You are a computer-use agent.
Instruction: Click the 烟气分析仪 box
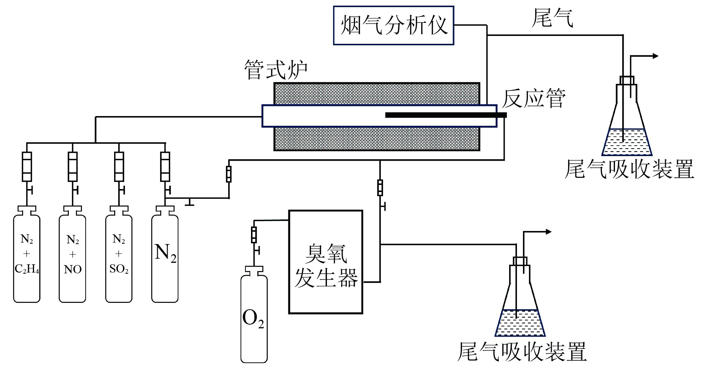click(x=393, y=25)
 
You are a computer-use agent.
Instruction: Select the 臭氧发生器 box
click(x=325, y=262)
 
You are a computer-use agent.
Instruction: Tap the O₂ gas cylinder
click(x=254, y=318)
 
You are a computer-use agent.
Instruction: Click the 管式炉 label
click(x=276, y=70)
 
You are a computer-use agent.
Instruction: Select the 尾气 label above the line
click(x=552, y=18)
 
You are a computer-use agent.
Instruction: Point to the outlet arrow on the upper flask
click(x=655, y=56)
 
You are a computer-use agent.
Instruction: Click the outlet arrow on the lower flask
click(x=548, y=232)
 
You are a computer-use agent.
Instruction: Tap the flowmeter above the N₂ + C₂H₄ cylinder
click(x=27, y=167)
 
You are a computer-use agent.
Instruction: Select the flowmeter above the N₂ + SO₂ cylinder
click(x=119, y=167)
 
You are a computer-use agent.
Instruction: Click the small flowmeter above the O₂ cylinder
click(x=254, y=234)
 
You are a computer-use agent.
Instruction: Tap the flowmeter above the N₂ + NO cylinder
click(x=73, y=167)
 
